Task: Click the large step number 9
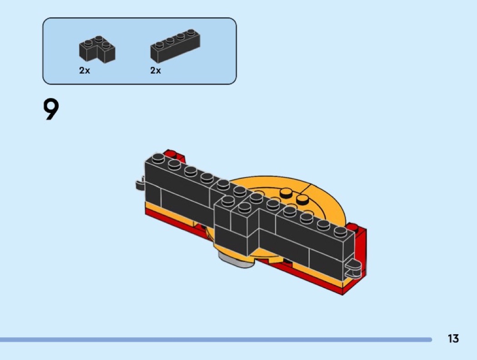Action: click(51, 109)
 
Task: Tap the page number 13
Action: click(453, 338)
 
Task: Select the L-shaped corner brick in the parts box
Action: click(97, 49)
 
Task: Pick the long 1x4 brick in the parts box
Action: click(175, 46)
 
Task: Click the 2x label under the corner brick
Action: click(84, 70)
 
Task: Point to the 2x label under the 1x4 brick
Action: click(155, 70)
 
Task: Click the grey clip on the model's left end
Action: click(140, 184)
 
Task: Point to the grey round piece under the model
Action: click(236, 261)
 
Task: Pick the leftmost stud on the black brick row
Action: click(158, 158)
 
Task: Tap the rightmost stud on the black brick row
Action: click(340, 232)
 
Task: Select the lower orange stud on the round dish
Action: click(302, 199)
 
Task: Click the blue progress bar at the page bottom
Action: click(216, 339)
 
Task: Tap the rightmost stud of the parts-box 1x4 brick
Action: click(191, 32)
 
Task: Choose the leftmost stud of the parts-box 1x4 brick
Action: click(159, 45)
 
